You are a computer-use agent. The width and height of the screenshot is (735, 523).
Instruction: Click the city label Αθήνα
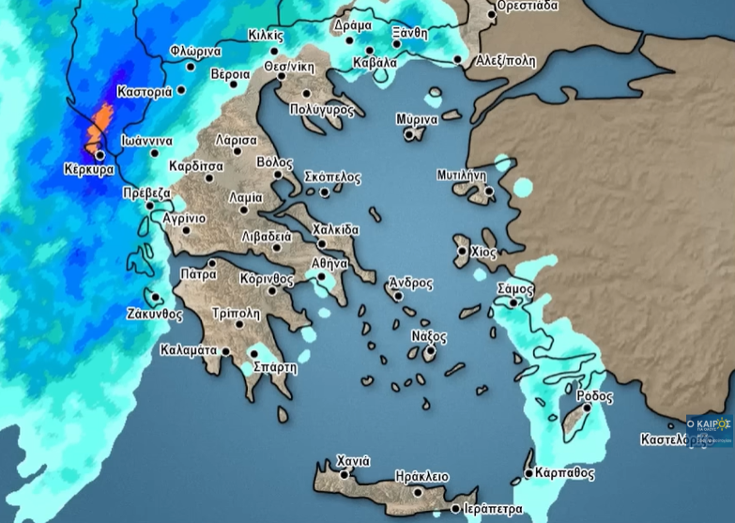tap(331, 263)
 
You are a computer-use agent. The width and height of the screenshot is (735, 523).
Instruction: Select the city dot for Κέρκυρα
tap(100, 156)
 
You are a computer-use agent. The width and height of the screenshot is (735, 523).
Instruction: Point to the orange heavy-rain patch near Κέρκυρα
tap(99, 127)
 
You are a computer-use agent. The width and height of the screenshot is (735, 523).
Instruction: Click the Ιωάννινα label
tap(147, 141)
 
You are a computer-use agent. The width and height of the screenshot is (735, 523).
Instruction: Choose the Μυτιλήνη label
tap(461, 175)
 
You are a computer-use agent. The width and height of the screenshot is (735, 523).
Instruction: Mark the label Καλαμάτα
tap(189, 350)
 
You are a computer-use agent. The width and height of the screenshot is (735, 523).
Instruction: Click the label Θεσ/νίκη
tap(288, 67)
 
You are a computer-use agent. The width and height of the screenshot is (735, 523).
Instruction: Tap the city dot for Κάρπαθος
tap(529, 473)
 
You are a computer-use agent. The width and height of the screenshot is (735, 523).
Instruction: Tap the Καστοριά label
tap(145, 92)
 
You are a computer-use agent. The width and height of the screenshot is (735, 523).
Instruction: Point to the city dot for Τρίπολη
tap(240, 324)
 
